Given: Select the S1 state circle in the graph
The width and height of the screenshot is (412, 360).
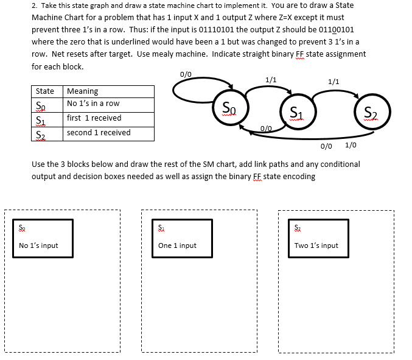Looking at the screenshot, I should point(296,110).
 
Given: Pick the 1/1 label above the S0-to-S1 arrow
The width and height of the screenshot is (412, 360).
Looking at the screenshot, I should point(271,80).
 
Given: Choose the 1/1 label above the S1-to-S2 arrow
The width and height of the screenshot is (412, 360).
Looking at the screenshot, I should point(333,81).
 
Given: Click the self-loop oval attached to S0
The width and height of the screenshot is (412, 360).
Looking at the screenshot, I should point(194,91).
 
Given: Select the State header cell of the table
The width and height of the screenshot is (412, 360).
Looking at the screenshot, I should point(46,91).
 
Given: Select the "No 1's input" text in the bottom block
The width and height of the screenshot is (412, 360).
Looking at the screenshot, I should point(39,245).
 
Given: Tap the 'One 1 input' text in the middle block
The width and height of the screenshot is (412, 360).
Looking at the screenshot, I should point(177,245).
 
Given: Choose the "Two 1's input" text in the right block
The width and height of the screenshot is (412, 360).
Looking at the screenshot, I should point(316,245).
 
